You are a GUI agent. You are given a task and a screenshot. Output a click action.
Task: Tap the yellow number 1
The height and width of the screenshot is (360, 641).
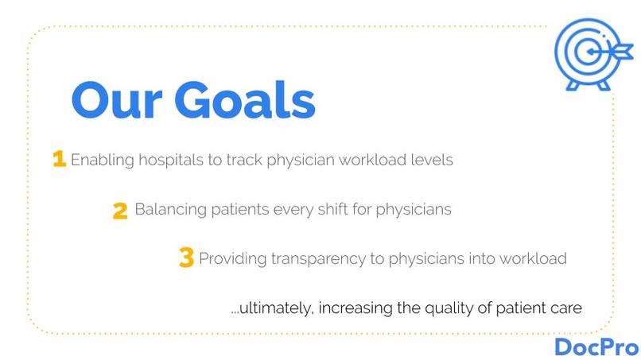tap(59, 159)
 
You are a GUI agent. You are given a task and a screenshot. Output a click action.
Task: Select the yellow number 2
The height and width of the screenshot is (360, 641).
tap(120, 211)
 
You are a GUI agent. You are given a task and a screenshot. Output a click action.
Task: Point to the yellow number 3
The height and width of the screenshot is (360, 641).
tap(186, 258)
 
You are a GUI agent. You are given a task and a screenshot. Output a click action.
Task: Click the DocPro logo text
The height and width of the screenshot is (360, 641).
tap(596, 346)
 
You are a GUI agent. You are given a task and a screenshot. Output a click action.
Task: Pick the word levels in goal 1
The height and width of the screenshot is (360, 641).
tap(431, 160)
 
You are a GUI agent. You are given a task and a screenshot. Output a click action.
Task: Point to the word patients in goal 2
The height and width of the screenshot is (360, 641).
tap(238, 210)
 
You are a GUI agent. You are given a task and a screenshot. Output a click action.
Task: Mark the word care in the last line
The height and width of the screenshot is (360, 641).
tap(566, 307)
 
